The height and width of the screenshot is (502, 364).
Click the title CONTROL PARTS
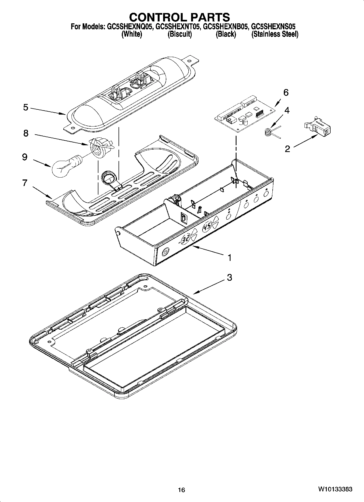(179, 17)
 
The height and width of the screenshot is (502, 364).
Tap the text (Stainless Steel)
(275, 34)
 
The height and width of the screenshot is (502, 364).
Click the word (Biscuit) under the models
(180, 34)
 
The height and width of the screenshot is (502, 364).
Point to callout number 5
(26, 107)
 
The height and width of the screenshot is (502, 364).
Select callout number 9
(25, 157)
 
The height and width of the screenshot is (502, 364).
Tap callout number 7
(25, 183)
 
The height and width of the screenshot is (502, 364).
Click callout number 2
(287, 149)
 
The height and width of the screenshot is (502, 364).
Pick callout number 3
(229, 277)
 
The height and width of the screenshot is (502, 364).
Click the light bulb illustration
(64, 166)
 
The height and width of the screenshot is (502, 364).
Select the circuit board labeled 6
(245, 114)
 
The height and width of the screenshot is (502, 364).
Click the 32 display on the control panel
(186, 239)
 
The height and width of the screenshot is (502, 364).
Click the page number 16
(181, 490)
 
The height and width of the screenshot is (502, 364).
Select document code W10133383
(335, 489)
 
